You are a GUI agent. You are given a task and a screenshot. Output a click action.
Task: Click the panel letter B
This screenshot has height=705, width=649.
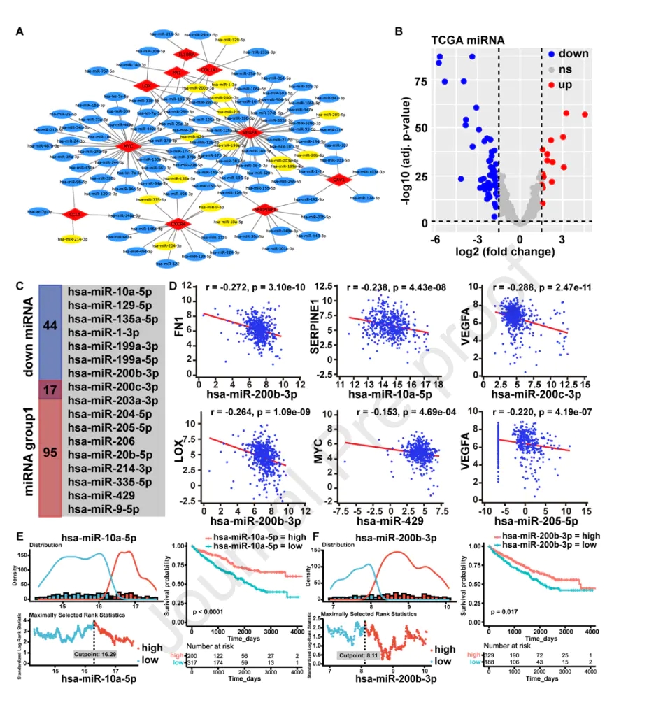[x=399, y=31]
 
